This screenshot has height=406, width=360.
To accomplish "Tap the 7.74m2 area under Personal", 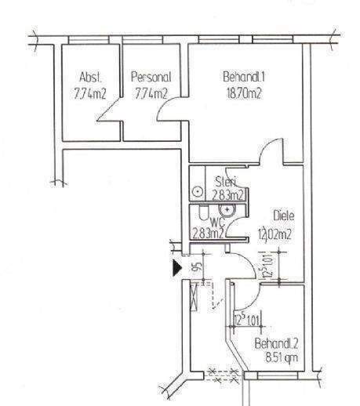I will [150, 94].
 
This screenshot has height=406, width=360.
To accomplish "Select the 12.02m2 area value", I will [275, 234].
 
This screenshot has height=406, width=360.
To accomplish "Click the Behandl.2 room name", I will [277, 344].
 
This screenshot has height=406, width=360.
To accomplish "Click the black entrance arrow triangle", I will [176, 268].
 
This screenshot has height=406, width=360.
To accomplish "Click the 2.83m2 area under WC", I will [209, 232].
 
